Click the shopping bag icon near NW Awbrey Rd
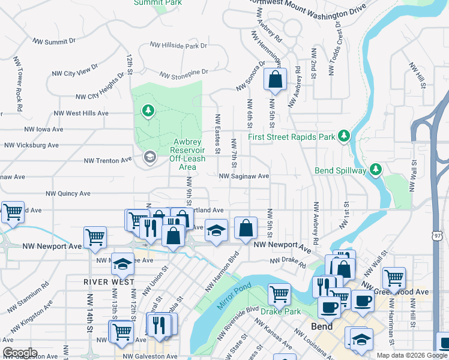click(275, 79)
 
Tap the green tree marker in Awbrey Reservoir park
click(148, 110)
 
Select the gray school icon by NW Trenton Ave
click(149, 157)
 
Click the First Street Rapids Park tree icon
click(343, 137)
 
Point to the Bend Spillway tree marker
click(376, 170)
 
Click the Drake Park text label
click(280, 311)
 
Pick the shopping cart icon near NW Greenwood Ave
click(394, 277)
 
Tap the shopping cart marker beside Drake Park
click(279, 294)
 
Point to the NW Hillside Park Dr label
click(179, 46)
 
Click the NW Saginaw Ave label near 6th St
click(244, 176)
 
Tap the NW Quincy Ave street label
click(68, 194)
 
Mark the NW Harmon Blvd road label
click(222, 271)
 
